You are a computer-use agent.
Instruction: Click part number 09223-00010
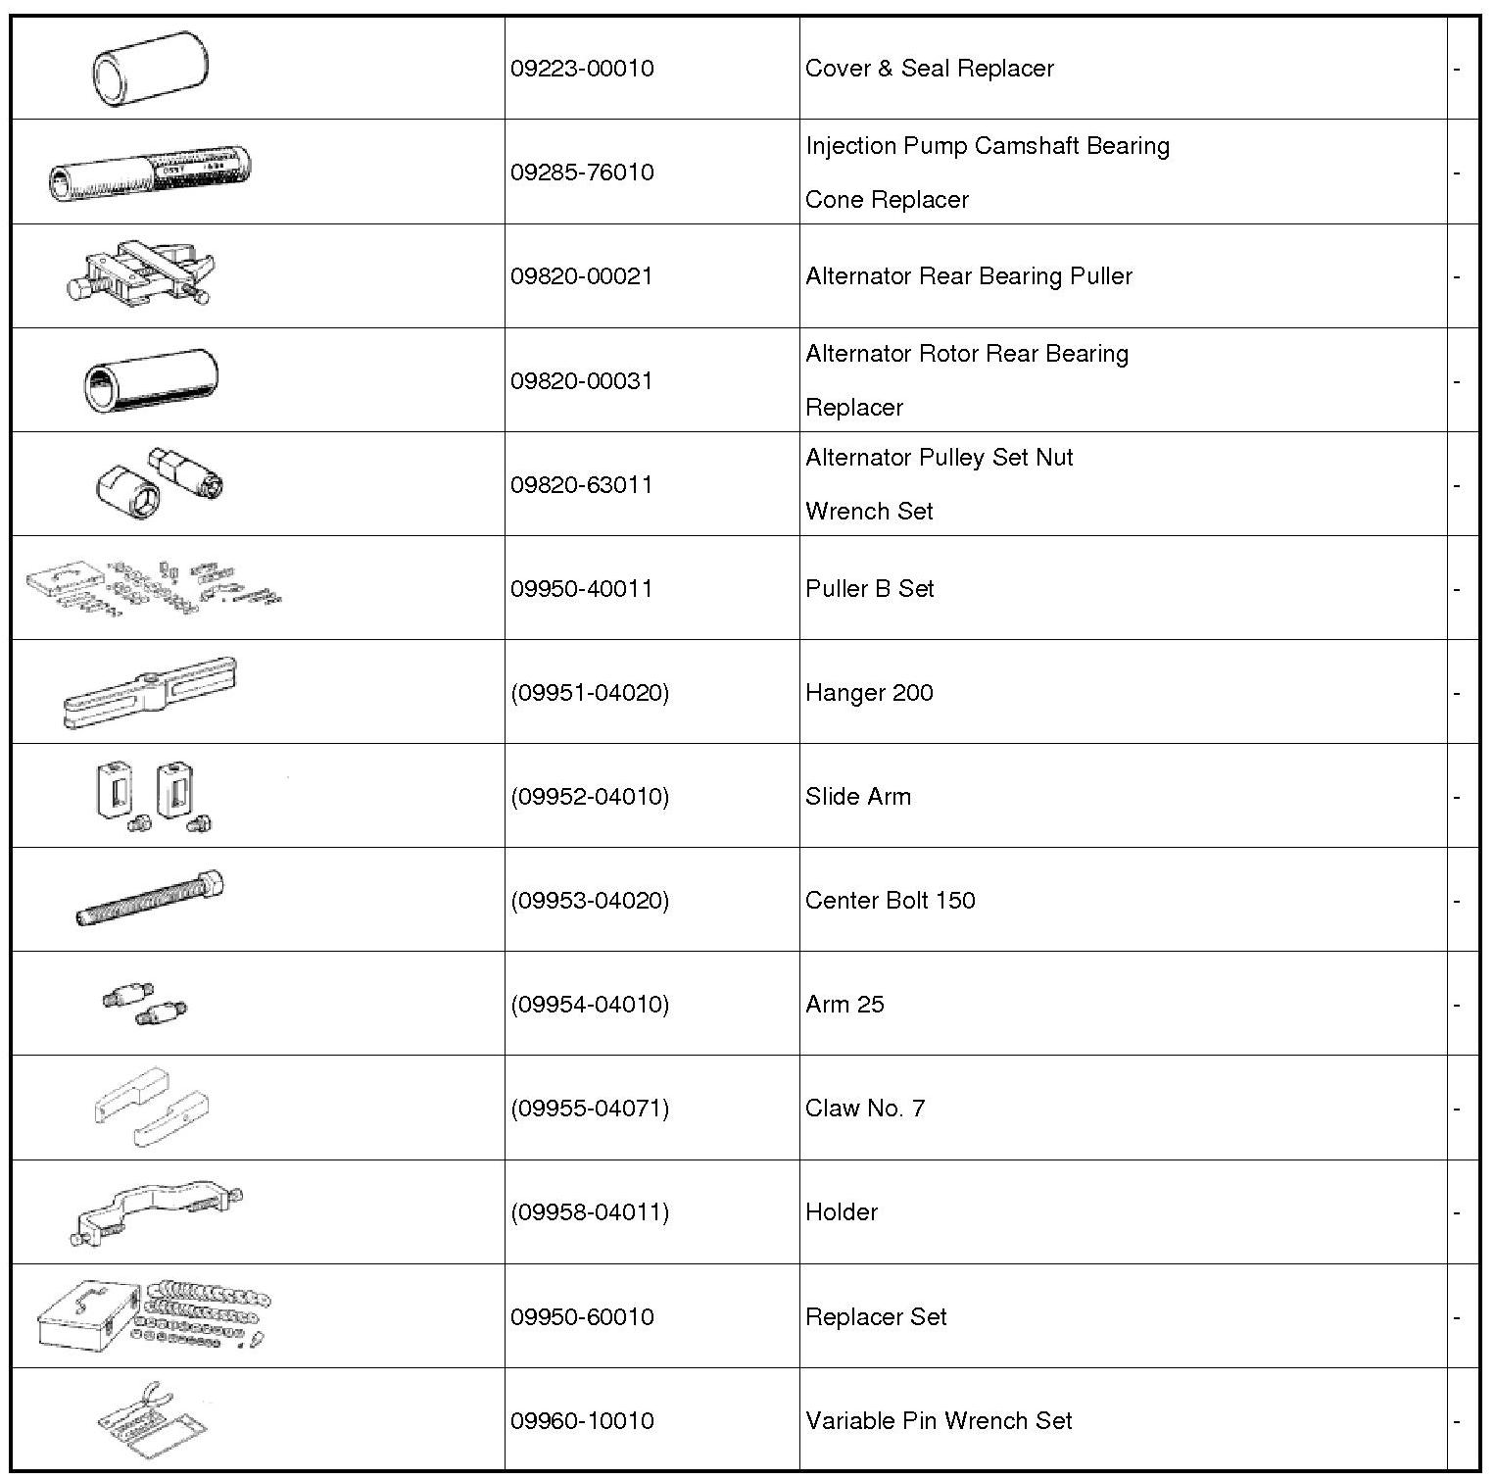click(x=582, y=69)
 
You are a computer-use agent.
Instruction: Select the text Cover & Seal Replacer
click(x=929, y=69)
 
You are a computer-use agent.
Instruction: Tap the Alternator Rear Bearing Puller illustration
click(x=142, y=274)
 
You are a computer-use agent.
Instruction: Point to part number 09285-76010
click(x=582, y=173)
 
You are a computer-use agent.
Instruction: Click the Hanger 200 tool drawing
click(x=149, y=692)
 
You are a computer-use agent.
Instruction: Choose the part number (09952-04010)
click(x=590, y=796)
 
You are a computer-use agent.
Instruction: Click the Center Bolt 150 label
click(x=890, y=900)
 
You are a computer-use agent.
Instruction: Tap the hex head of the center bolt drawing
click(x=210, y=885)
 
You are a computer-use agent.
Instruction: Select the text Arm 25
click(x=844, y=1004)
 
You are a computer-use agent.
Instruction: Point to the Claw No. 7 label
click(x=864, y=1108)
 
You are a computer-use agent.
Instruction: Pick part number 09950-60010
click(x=582, y=1316)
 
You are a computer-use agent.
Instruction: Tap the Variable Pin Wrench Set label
click(x=939, y=1420)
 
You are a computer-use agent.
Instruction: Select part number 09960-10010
click(x=582, y=1420)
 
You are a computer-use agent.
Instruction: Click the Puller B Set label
click(x=869, y=588)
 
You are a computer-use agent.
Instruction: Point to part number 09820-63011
click(x=582, y=484)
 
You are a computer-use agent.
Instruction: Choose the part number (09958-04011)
click(x=590, y=1211)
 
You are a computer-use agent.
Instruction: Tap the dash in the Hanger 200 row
click(x=1457, y=693)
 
